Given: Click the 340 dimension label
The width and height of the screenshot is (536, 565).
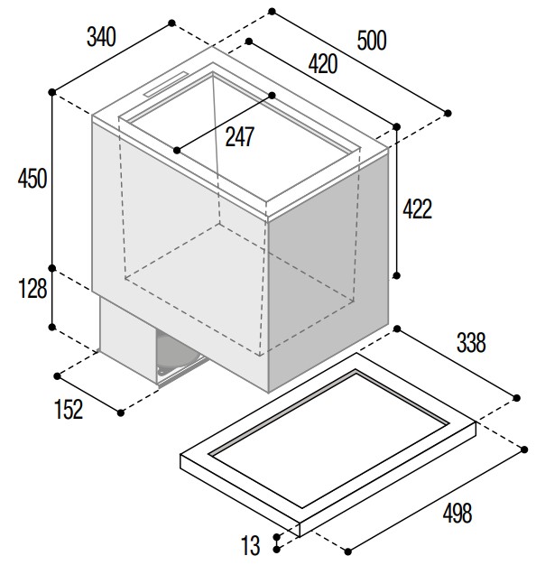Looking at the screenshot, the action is pos(101,37).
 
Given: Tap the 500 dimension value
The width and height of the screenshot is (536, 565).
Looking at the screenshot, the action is pos(372,41).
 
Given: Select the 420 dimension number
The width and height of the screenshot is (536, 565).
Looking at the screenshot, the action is pos(323,64).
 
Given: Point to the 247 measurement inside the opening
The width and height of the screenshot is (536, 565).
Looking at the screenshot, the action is pos(240,137).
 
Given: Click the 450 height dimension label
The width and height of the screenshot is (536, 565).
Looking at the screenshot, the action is pos(32,179).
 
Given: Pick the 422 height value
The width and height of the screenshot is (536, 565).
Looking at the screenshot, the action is pos(417,209).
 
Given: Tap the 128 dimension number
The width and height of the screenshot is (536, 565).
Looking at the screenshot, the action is pos(32,289).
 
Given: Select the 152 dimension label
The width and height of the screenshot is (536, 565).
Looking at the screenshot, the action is pos(69,410).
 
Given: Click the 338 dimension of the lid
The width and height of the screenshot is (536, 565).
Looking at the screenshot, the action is pos(471,343).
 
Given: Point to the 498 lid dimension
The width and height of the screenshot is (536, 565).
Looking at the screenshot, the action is pos(457,514).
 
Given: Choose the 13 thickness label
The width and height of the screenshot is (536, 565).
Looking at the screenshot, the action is pos(250,545).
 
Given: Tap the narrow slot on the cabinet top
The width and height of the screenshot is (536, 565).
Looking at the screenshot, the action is pos(166,84).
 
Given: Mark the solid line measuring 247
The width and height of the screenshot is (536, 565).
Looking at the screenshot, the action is pos(225,123).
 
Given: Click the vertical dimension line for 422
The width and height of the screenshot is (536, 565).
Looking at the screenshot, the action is pos(397,201).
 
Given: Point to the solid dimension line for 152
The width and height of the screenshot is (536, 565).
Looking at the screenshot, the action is pos(89,394).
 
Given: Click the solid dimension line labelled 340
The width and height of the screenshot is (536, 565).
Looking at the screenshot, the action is pos(112,58).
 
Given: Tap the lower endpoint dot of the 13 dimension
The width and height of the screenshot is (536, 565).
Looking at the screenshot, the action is pos(277,550).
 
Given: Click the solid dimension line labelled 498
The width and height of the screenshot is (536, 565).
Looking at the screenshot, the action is pos(436,501).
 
